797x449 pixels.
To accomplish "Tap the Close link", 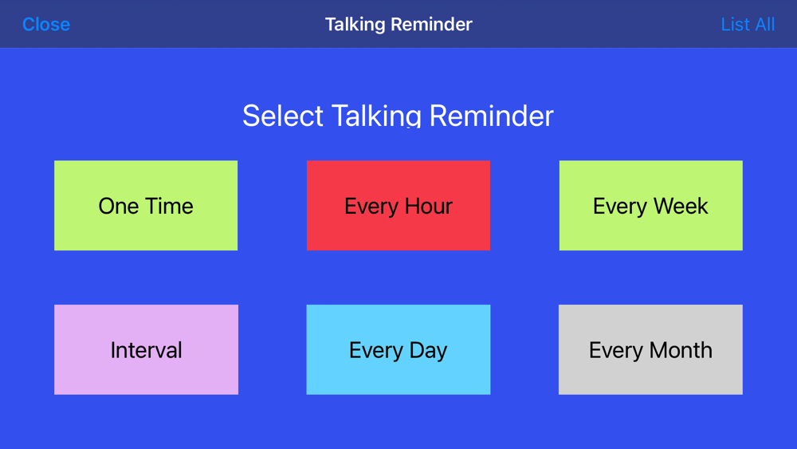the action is [46, 25].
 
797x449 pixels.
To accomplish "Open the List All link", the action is [748, 25].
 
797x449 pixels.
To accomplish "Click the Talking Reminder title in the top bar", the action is [398, 25].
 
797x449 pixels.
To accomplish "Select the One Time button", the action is [146, 206].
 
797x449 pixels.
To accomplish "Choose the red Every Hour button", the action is [398, 206].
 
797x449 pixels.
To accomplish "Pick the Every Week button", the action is [650, 206].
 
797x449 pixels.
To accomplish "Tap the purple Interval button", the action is [146, 349].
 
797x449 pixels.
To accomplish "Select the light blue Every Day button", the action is [398, 349].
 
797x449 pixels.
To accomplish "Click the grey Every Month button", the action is [650, 349].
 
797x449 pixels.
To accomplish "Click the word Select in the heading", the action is [283, 116].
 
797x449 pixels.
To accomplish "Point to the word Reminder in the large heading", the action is [491, 116].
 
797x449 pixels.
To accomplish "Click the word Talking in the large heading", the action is [377, 116].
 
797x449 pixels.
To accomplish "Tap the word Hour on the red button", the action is [428, 206].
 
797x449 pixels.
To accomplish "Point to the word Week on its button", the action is [681, 206].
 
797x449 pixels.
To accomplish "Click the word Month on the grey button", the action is [681, 350].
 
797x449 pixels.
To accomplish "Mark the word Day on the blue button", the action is [428, 350].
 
